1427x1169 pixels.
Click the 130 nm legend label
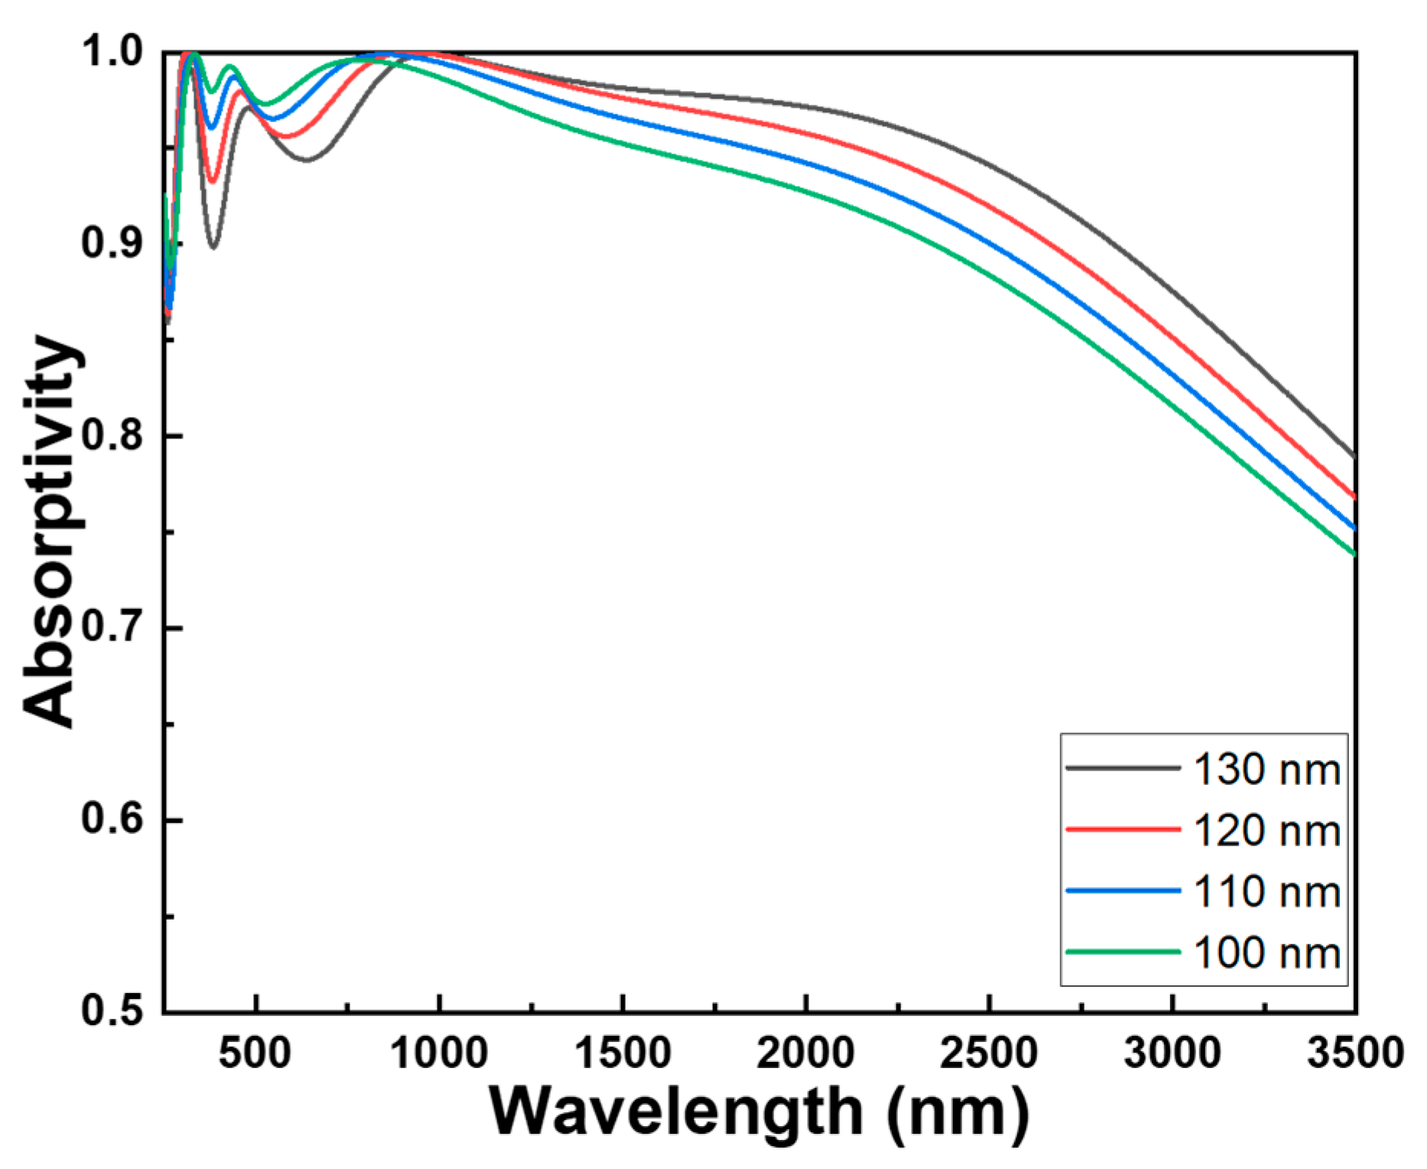pyautogui.click(x=1266, y=770)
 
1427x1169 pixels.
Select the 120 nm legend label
pyautogui.click(x=1266, y=831)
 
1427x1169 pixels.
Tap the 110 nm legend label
pyautogui.click(x=1266, y=892)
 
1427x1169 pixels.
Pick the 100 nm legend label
pyautogui.click(x=1266, y=953)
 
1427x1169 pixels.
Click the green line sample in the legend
pyautogui.click(x=1123, y=952)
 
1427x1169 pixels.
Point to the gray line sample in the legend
pyautogui.click(x=1123, y=767)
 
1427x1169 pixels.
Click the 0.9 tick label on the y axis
pyautogui.click(x=112, y=243)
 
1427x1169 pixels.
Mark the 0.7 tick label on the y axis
pyautogui.click(x=112, y=627)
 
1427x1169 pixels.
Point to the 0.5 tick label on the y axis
pyautogui.click(x=112, y=1011)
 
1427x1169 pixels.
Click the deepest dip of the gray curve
pyautogui.click(x=213, y=247)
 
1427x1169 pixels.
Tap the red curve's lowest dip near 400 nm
pyautogui.click(x=213, y=182)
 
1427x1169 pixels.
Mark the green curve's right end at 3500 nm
pyautogui.click(x=1354, y=554)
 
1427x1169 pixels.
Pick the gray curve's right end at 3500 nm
pyautogui.click(x=1354, y=457)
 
